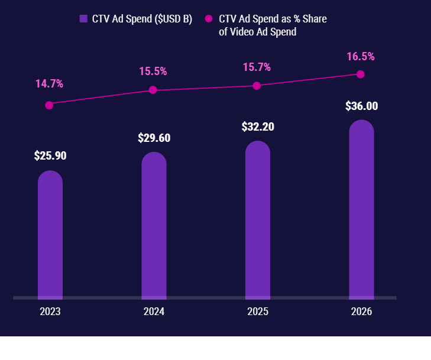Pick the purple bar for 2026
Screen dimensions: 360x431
(361, 210)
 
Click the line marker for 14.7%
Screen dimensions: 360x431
(49, 105)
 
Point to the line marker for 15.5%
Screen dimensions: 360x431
(153, 90)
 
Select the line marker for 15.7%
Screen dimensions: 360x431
(257, 86)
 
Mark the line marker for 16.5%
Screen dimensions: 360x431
(361, 74)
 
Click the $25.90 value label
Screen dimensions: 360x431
(50, 156)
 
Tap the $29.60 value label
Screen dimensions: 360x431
(154, 138)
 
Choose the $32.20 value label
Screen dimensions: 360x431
(258, 127)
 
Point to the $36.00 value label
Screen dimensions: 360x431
(361, 106)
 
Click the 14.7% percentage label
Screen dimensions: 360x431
(49, 84)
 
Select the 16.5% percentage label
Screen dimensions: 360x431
(361, 57)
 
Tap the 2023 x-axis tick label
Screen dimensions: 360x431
(50, 312)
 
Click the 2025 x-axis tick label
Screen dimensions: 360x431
(258, 312)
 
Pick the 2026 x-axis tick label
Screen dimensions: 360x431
(361, 312)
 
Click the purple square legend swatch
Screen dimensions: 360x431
(83, 19)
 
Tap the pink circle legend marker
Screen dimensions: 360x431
(208, 19)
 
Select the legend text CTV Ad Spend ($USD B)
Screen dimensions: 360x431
(142, 19)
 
